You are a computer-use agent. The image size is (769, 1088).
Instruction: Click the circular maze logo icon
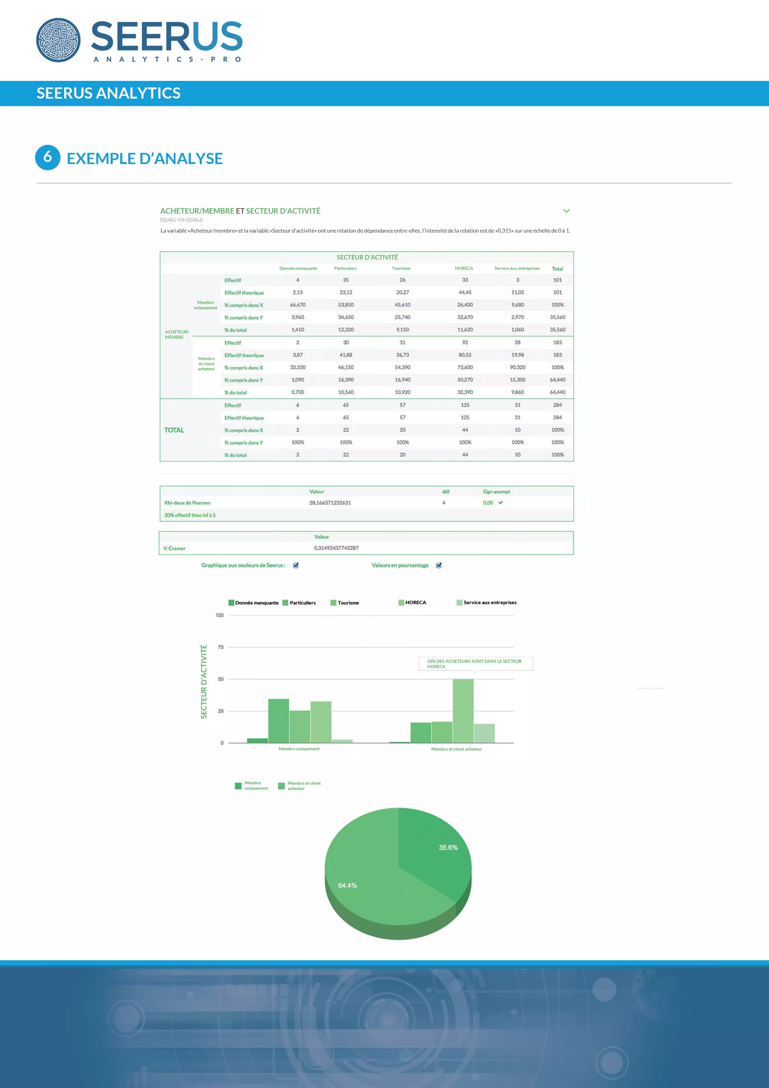click(x=58, y=40)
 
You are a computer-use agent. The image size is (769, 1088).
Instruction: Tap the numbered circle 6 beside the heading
click(x=47, y=157)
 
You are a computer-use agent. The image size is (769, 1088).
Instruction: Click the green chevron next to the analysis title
click(x=566, y=211)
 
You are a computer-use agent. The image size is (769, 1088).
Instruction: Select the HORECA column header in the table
click(x=464, y=268)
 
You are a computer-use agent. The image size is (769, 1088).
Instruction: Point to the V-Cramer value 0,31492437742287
click(x=336, y=548)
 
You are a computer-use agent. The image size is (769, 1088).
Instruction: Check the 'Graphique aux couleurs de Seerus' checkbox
click(x=296, y=565)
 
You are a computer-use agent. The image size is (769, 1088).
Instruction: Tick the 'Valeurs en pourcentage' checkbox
click(x=439, y=565)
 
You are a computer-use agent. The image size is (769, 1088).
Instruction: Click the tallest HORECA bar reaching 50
click(x=463, y=711)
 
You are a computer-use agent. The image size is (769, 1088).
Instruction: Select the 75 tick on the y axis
click(x=221, y=647)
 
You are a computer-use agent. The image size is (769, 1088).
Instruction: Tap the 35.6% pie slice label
click(x=448, y=848)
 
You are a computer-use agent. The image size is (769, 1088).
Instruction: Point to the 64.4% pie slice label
click(x=347, y=886)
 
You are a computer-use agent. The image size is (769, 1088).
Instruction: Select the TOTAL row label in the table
click(x=174, y=430)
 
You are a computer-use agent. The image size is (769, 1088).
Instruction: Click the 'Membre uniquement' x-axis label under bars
click(x=299, y=749)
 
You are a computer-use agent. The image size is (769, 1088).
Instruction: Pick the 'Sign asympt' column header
click(x=496, y=492)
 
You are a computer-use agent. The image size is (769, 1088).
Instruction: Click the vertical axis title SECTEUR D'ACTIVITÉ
click(x=204, y=681)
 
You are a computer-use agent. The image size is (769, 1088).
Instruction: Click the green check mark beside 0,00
click(x=501, y=503)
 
